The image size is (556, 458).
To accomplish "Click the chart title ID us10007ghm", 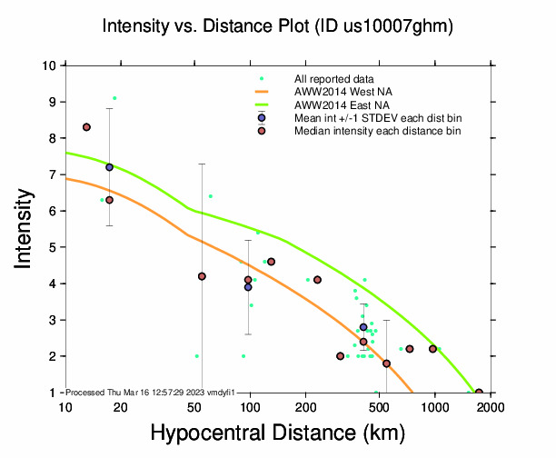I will click(x=277, y=27).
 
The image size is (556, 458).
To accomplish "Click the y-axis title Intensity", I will click(x=26, y=228).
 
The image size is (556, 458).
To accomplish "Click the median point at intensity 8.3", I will click(x=86, y=127).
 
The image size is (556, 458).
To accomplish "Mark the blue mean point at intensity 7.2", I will click(x=109, y=167).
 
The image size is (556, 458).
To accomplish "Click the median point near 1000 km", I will click(x=433, y=349).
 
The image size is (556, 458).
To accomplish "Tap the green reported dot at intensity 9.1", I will click(x=114, y=98).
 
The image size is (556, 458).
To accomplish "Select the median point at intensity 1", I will click(x=479, y=393).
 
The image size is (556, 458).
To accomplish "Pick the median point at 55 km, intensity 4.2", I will click(x=202, y=276).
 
